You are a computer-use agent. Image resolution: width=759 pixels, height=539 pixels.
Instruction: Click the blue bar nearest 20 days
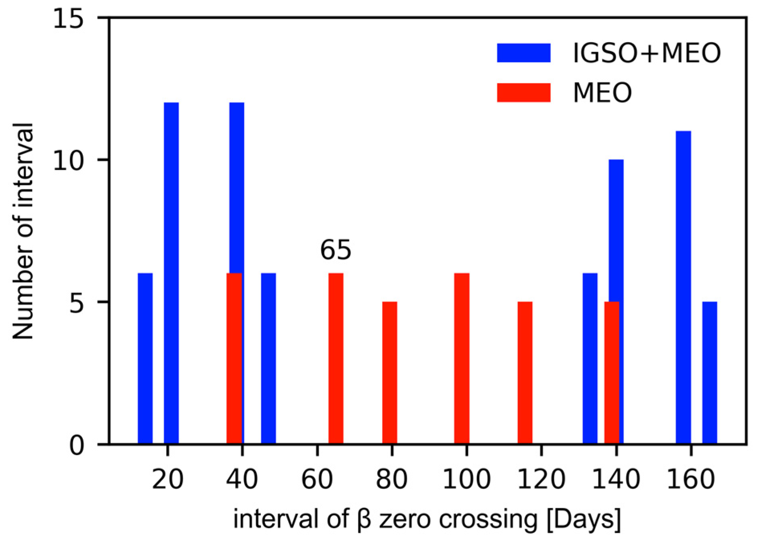pos(171,273)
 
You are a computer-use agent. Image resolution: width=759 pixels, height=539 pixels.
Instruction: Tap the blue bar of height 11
pos(683,287)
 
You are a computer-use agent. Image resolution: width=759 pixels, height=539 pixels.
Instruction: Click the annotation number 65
pos(336,250)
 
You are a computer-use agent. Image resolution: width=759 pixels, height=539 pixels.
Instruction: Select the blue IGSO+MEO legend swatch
pos(523,53)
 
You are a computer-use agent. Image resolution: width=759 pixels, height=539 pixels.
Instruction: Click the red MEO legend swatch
pos(523,93)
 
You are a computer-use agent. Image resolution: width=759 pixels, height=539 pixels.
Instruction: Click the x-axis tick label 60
pos(317,479)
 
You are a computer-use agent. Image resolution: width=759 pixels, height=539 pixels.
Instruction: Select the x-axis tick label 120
pos(541,479)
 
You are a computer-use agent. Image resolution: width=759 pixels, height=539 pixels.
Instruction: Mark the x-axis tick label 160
pos(691,479)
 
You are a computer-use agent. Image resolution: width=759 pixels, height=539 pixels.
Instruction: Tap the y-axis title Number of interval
pos(23,231)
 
